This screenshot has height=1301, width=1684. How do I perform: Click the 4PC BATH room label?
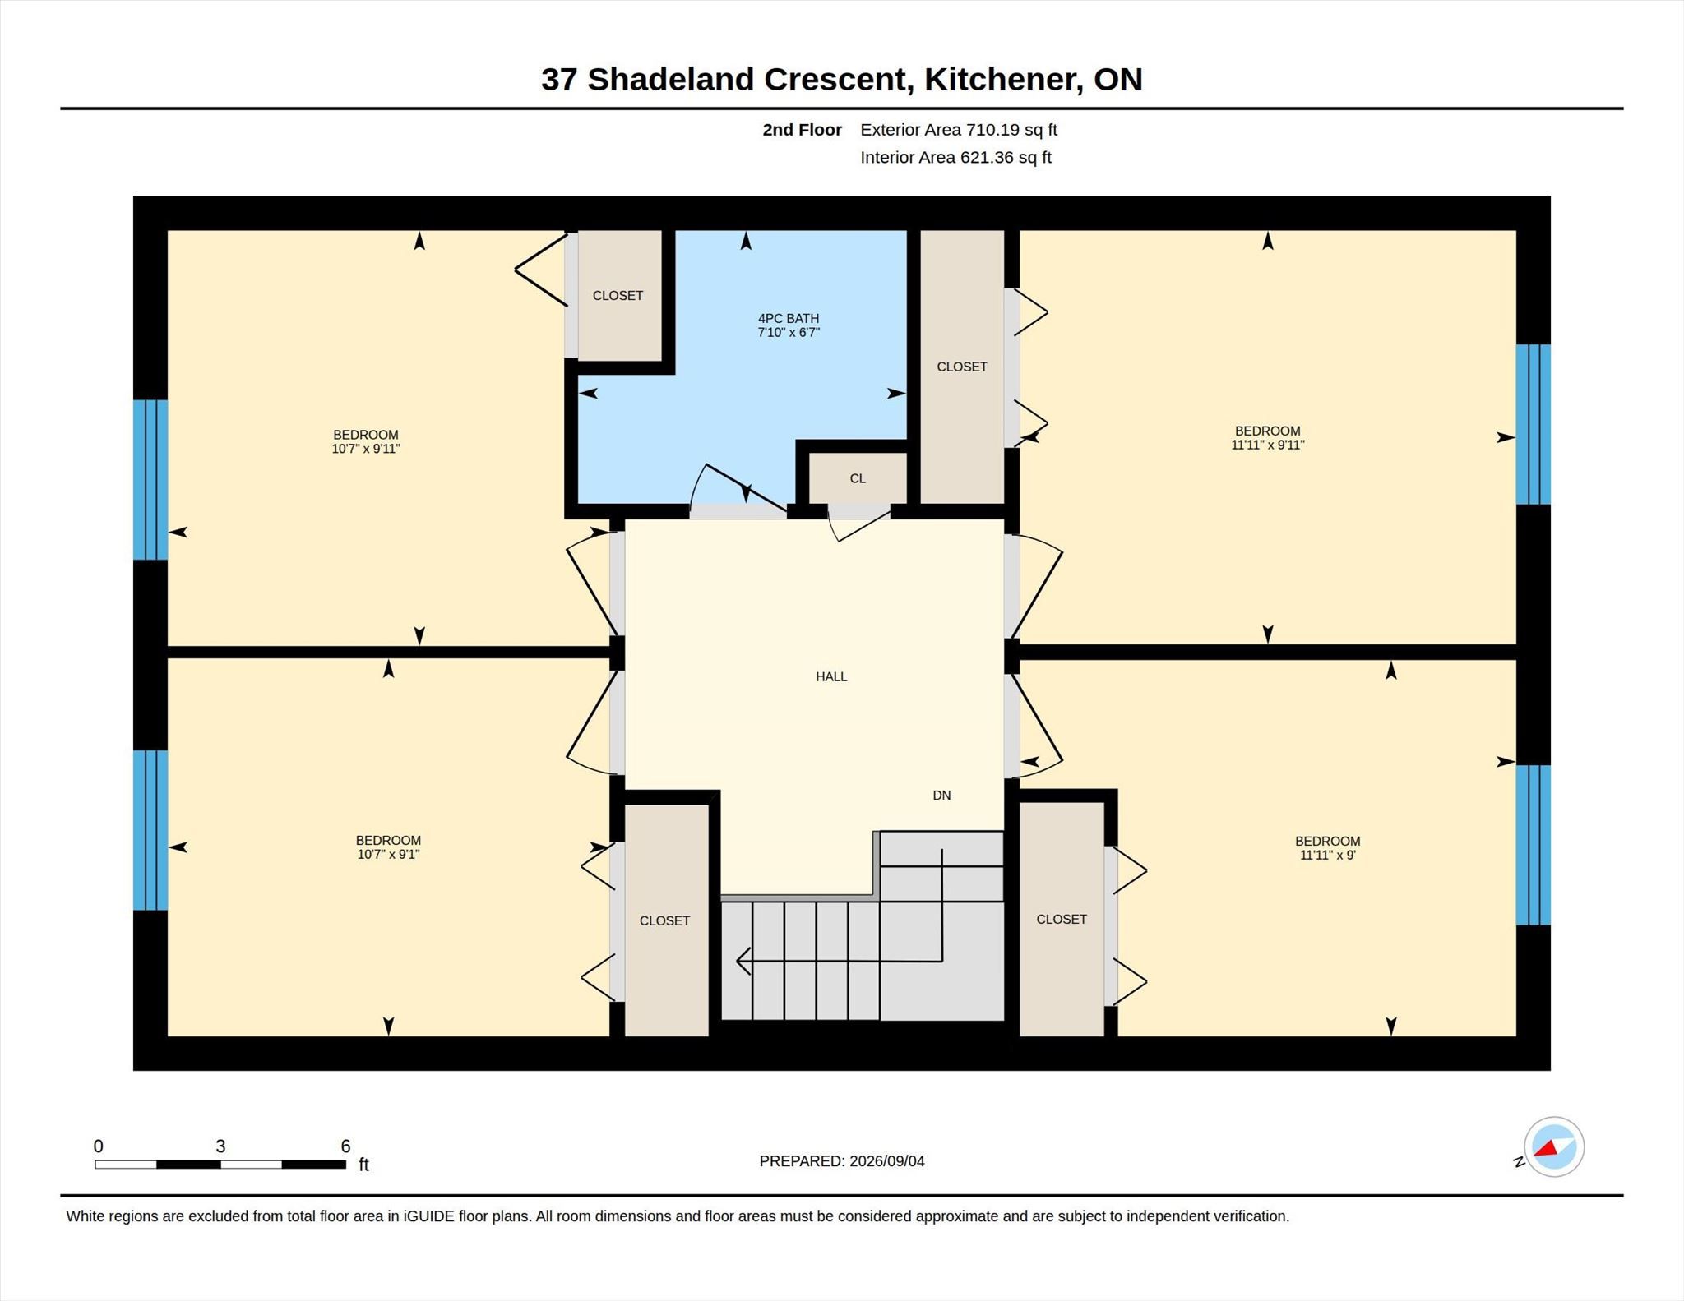click(789, 319)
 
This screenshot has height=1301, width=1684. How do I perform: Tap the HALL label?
click(831, 676)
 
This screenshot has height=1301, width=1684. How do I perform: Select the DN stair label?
click(941, 795)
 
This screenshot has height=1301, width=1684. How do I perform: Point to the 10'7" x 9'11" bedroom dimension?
click(366, 449)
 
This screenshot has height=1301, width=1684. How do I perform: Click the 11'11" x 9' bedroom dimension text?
click(1328, 855)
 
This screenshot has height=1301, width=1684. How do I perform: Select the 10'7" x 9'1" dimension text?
click(388, 854)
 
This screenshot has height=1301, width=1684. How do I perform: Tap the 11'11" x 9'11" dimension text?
click(1268, 445)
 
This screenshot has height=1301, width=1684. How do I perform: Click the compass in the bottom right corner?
click(1553, 1147)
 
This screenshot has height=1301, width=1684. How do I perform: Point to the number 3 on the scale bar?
click(220, 1146)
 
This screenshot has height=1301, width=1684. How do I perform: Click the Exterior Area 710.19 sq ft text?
click(959, 130)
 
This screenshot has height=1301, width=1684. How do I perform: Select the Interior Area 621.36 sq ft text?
click(956, 158)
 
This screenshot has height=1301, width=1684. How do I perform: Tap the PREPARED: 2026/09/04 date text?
click(842, 1161)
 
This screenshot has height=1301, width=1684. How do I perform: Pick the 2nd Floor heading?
click(802, 130)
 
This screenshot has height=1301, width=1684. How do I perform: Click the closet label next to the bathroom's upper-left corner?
click(618, 296)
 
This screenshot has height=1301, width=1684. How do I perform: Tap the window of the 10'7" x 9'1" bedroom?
click(150, 830)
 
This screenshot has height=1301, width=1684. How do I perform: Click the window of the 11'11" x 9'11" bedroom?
click(1534, 424)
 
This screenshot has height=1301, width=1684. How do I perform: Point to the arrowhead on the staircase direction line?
click(743, 960)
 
